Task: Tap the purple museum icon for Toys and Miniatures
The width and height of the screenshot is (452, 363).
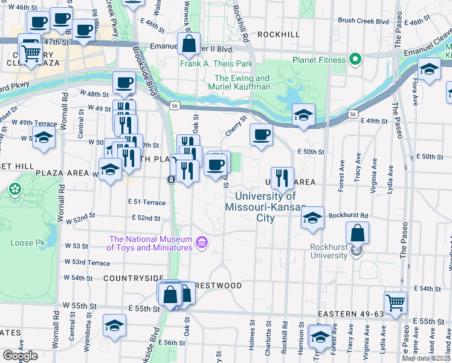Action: [202, 243]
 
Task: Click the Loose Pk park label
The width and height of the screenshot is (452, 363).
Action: [24, 243]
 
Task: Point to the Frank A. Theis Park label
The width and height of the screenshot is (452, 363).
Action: [216, 64]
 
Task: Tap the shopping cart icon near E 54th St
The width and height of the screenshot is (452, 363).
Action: [395, 301]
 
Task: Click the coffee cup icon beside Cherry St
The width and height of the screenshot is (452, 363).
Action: [261, 135]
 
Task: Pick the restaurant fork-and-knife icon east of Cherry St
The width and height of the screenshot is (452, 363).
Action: [282, 177]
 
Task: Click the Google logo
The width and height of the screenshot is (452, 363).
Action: [20, 356]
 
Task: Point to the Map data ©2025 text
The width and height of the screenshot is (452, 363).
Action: [425, 358]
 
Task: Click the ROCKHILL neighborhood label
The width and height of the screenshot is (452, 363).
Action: [278, 34]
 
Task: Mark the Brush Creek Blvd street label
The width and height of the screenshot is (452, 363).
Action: [363, 21]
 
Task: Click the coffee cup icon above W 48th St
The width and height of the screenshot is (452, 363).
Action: [124, 82]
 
